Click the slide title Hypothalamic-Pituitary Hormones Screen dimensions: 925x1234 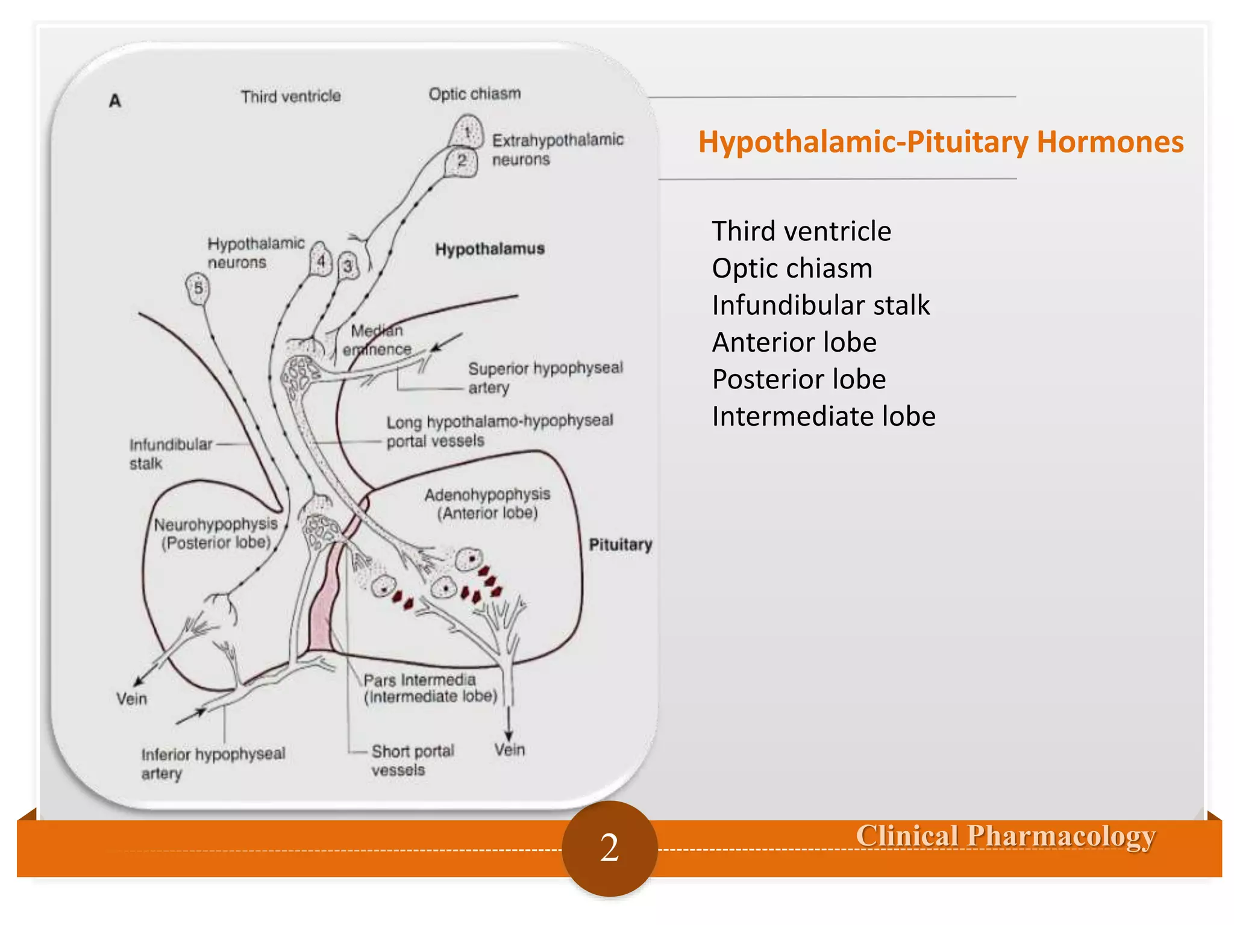point(941,142)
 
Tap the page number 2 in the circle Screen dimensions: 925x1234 point(609,847)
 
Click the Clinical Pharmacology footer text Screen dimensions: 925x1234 point(1005,836)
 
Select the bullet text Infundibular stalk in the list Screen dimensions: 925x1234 point(821,305)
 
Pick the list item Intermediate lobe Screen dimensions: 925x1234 point(823,417)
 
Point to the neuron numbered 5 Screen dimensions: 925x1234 point(198,288)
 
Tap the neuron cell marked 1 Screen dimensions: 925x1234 point(467,131)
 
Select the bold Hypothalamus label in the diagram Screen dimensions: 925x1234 point(490,249)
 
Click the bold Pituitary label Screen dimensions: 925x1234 point(620,544)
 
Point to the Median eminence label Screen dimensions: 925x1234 point(377,340)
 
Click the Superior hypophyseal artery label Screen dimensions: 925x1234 point(545,378)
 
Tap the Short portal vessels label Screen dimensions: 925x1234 point(412,761)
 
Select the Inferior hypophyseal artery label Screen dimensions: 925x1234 point(212,763)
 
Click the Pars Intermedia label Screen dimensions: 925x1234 point(430,688)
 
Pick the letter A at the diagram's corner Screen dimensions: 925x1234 point(115,101)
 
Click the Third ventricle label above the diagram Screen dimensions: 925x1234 point(291,96)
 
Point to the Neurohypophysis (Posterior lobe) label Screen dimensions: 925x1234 point(216,534)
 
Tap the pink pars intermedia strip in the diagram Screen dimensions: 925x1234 point(324,608)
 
